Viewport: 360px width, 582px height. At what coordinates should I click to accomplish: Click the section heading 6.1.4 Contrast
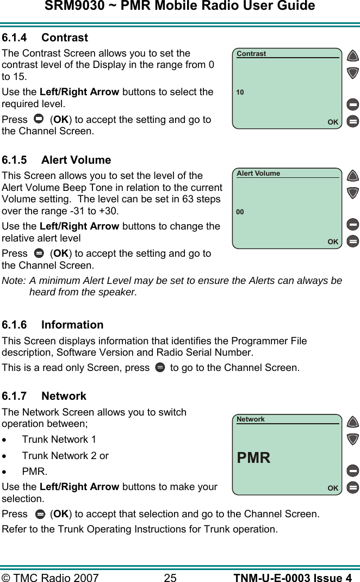point(45,38)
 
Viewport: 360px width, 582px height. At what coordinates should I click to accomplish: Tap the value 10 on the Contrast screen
point(240,92)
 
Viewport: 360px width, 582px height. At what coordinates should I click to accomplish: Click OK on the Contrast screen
point(333,122)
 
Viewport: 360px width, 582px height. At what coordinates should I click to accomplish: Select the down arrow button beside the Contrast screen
point(353,72)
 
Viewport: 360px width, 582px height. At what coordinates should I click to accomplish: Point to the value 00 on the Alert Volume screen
point(240,212)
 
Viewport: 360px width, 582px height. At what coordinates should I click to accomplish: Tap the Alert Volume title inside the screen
point(258,174)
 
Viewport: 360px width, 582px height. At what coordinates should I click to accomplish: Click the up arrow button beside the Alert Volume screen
point(353,176)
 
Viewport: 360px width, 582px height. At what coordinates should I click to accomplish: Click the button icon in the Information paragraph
point(159,368)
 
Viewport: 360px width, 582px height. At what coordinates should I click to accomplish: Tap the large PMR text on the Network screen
point(253,458)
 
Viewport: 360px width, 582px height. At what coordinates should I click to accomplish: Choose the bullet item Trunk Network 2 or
point(65,456)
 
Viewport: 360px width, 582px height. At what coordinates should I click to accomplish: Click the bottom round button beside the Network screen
point(353,487)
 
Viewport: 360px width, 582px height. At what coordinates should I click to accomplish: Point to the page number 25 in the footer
point(170,578)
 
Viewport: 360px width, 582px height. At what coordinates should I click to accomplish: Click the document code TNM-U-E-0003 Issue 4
point(292,578)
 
